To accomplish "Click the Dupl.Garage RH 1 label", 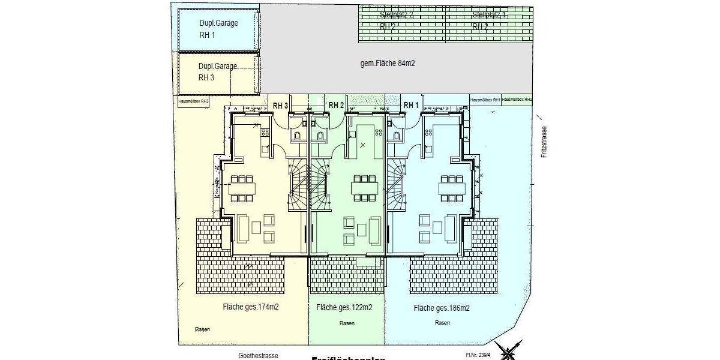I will pos(218,29).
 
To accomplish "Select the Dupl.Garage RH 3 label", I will pos(218,71).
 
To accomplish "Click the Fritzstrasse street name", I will pos(544,142).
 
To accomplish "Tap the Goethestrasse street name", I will pos(258,355).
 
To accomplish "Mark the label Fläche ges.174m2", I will pos(251,307).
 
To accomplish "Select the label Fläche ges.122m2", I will pos(344,308).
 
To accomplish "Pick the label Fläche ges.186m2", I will pos(441,308).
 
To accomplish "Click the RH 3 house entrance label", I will pos(281,106).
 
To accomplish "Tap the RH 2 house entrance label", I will pos(336,106).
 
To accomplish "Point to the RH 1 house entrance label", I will pos(411,106).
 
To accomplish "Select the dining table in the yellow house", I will pos(242,188).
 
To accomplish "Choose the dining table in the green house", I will pos(365,188).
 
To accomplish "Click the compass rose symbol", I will pos(512,351).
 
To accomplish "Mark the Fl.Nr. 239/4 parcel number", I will pos(478,355).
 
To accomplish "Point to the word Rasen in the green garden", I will pos(347,323).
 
